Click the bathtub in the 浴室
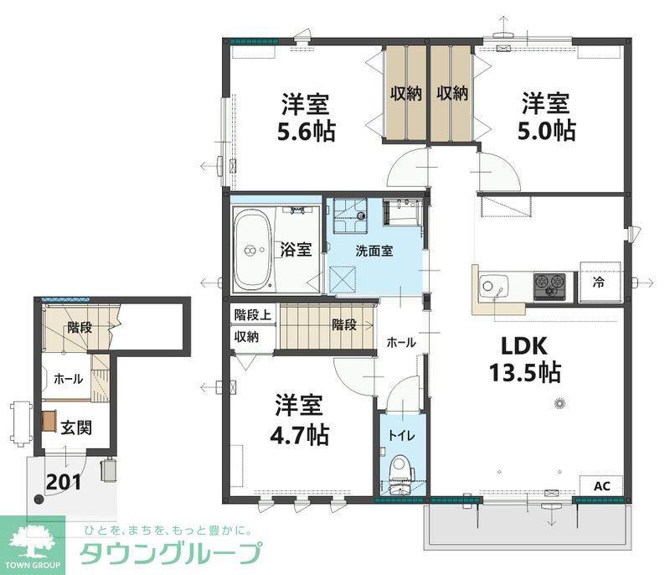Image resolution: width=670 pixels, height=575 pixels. [252, 250]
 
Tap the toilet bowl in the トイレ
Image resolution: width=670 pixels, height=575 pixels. [403, 468]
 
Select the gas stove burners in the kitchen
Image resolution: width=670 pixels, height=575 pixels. [550, 284]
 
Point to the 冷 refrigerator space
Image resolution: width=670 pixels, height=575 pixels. [600, 282]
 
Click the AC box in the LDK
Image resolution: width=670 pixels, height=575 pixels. [601, 485]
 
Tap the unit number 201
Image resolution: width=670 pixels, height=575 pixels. [64, 482]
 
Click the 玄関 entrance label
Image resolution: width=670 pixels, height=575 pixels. [76, 427]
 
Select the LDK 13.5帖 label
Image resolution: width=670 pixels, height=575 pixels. [525, 359]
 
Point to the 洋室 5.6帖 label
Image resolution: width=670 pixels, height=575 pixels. [306, 117]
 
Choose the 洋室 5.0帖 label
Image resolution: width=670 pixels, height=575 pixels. [546, 117]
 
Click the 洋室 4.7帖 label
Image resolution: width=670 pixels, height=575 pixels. [300, 420]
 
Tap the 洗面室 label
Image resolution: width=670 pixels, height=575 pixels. [374, 251]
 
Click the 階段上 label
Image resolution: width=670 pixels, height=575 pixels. [253, 315]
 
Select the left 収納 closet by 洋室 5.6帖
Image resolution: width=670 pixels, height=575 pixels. [405, 94]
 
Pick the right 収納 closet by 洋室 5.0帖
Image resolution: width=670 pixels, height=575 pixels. [452, 94]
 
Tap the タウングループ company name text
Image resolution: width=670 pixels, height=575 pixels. [170, 553]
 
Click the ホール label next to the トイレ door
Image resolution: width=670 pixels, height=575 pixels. [401, 343]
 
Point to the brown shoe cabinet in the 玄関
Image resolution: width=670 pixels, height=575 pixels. [49, 421]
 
